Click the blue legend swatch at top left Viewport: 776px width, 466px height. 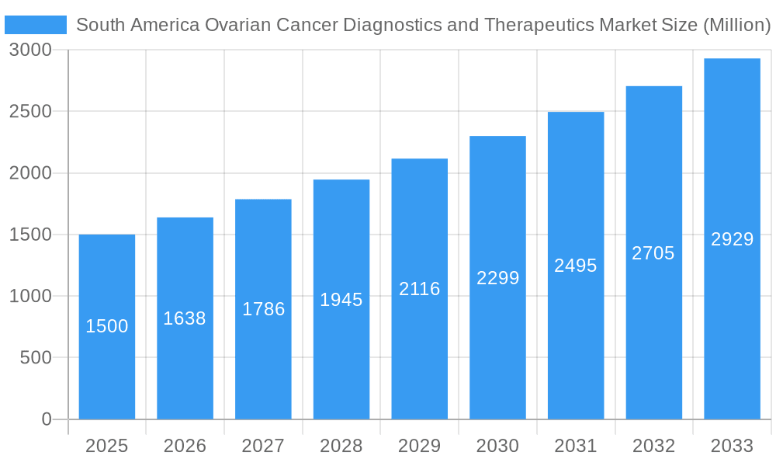[x=36, y=25]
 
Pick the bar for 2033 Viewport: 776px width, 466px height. [x=732, y=326]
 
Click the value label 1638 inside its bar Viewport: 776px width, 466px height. [x=185, y=318]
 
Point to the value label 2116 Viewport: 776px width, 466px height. [x=420, y=289]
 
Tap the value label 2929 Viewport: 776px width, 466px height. [x=732, y=239]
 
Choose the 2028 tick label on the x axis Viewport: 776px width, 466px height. [x=341, y=446]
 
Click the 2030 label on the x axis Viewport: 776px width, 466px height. [x=497, y=446]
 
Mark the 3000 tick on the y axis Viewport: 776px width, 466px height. [x=30, y=50]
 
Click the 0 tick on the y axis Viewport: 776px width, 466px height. [x=46, y=419]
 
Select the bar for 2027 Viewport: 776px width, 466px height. [x=263, y=365]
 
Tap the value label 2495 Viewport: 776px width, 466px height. [x=576, y=266]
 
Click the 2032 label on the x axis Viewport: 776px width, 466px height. [x=653, y=446]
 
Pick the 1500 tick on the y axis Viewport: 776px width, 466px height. [x=30, y=235]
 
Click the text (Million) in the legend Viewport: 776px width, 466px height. [x=736, y=25]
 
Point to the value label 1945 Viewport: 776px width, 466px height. [x=341, y=300]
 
